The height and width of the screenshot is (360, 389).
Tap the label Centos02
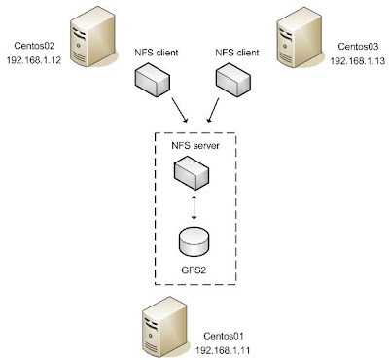tap(37, 46)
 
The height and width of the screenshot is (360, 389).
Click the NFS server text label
tap(194, 145)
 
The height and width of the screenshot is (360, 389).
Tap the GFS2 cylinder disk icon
tap(194, 237)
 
